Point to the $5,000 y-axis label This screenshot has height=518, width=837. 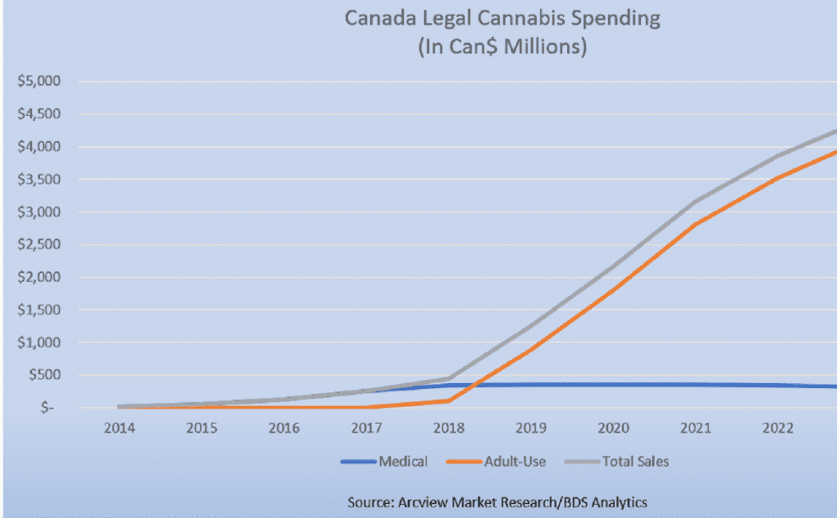point(38,82)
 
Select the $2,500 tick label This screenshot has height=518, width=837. point(38,245)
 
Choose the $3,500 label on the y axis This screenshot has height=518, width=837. point(38,180)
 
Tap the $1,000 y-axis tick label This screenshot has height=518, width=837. point(38,343)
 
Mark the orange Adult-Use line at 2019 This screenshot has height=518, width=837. point(530,351)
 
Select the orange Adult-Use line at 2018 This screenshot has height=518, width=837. point(447,400)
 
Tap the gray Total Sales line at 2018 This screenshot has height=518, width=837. point(447,378)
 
